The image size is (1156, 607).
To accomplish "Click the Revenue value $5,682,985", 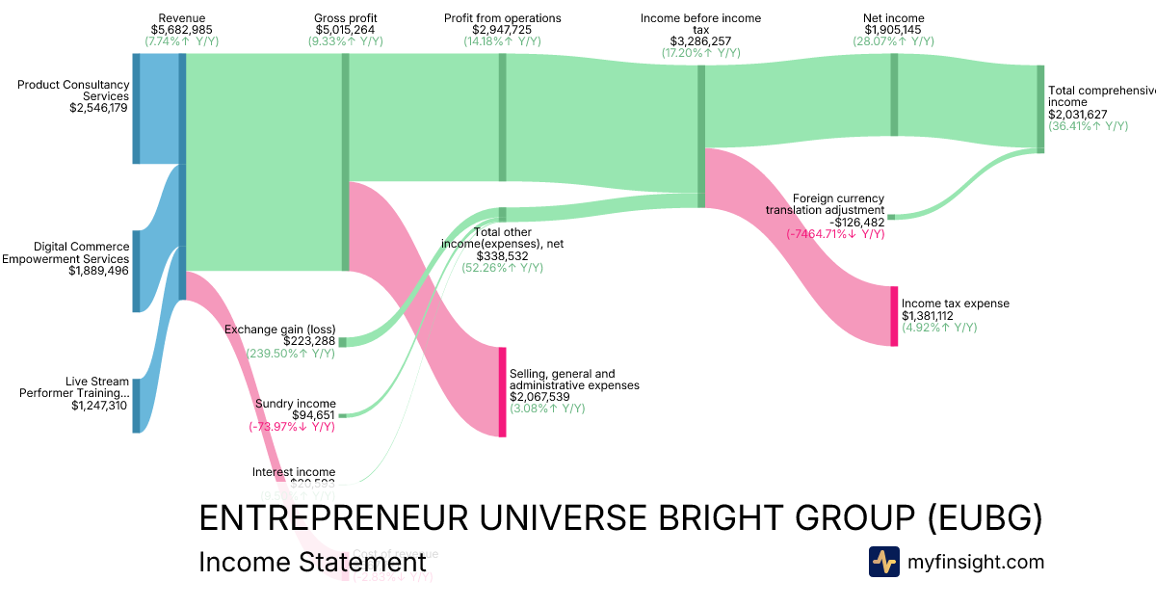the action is click(x=182, y=30).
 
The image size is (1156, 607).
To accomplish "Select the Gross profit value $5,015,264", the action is click(x=346, y=30).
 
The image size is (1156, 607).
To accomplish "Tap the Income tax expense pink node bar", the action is click(x=894, y=316).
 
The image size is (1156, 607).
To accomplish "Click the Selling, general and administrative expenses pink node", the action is click(x=502, y=391).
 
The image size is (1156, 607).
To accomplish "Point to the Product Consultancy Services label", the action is click(x=73, y=90).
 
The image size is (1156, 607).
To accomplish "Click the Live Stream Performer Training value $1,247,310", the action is click(x=99, y=406).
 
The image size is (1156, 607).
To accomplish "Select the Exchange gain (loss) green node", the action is click(x=342, y=342).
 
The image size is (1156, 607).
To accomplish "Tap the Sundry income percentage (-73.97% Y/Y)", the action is click(x=292, y=427).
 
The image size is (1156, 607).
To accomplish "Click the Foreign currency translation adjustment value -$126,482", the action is click(x=851, y=222).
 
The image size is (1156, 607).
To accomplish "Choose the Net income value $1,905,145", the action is click(x=893, y=30).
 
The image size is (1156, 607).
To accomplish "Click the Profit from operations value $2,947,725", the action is click(x=502, y=30).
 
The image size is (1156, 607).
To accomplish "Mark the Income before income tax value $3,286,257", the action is click(x=700, y=41).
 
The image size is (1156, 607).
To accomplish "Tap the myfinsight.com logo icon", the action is click(x=884, y=562).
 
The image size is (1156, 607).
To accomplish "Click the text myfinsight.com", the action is click(x=976, y=562).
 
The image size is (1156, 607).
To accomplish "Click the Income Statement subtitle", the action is click(x=311, y=563).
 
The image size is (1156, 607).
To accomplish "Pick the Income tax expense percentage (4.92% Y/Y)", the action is click(x=939, y=328).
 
